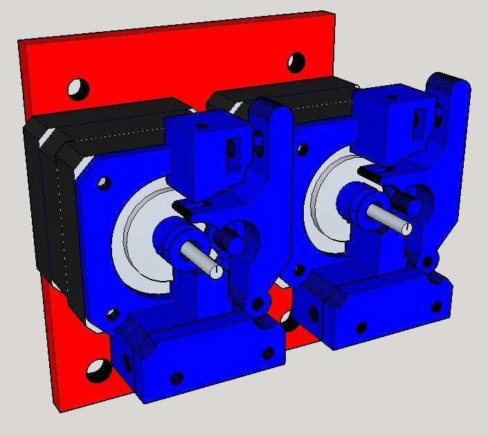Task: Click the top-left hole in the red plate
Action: click(78, 88)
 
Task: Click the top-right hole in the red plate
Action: click(296, 62)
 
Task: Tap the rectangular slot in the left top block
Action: click(233, 154)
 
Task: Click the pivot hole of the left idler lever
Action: click(257, 303)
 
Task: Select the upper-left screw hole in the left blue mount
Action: click(103, 183)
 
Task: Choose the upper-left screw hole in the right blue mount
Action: click(302, 148)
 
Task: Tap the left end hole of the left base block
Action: click(127, 361)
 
